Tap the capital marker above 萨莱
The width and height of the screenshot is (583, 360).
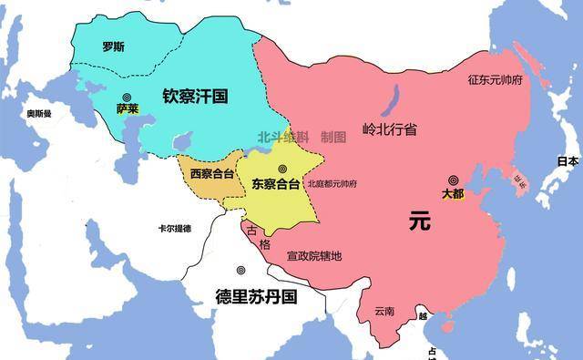127,94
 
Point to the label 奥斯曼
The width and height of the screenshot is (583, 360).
38,114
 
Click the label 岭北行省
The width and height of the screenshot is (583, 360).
389,129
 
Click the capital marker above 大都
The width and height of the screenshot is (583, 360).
453,180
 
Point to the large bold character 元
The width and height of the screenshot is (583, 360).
418,221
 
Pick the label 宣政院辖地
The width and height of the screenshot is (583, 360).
313,256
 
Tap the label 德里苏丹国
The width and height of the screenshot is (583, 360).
256,296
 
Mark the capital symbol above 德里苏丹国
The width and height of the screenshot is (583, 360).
240,271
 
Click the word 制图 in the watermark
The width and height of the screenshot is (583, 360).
333,137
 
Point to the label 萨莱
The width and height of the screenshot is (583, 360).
127,108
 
